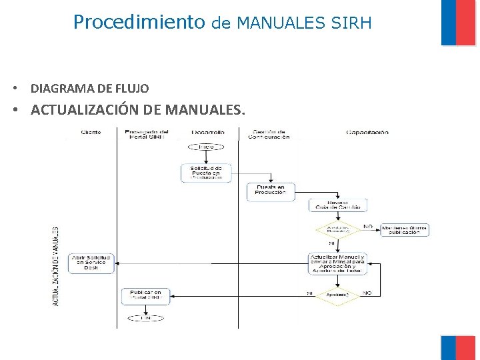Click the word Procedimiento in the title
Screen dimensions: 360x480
139,23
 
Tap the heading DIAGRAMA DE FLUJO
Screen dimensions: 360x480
90,88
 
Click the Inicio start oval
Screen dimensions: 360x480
206,146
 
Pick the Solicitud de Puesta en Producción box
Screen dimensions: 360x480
206,173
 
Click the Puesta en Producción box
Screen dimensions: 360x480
270,191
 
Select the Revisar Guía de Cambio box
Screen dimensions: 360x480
337,205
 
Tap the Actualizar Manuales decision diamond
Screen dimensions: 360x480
337,229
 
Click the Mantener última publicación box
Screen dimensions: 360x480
405,229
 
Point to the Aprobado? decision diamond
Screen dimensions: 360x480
337,294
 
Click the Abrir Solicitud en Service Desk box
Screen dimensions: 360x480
91,261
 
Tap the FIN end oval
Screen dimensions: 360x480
145,318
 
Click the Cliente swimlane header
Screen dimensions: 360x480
91,133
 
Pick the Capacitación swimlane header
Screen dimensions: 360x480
367,133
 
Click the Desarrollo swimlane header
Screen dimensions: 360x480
207,133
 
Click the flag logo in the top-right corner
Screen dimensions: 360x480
459,23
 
